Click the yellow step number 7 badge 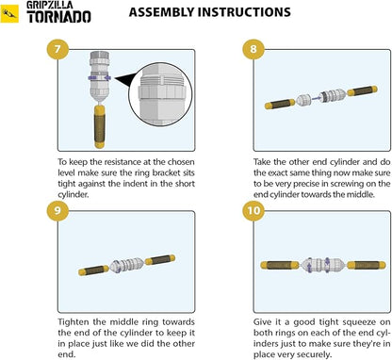coord(57,49)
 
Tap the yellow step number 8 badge coord(253,49)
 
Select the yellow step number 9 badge coord(57,210)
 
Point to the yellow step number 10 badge coord(253,210)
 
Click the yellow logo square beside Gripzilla coord(9,13)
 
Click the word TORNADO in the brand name coord(58,17)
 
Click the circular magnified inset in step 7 coord(161,94)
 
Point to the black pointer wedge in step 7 coord(125,80)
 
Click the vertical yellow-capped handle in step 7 coord(100,127)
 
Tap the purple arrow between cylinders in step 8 coord(316,98)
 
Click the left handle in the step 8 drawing coord(280,104)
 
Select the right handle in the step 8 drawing coord(363,90)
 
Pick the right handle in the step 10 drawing coord(367,265)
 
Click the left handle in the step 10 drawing coord(280,265)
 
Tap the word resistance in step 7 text coord(122,162)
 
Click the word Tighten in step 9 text coord(74,322)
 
